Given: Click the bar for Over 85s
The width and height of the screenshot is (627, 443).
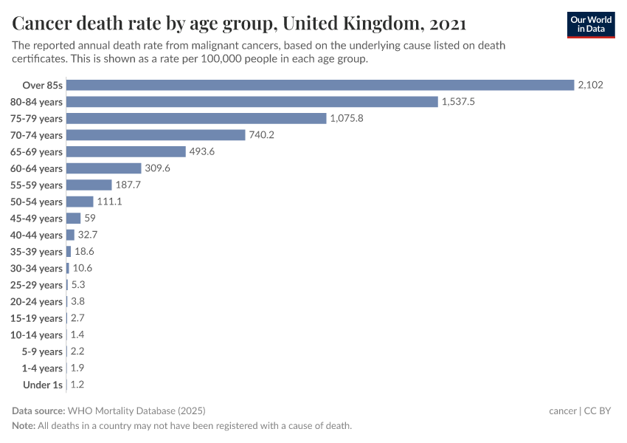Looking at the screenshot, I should pos(320,85).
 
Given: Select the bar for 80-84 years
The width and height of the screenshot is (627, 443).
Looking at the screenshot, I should pos(252,102).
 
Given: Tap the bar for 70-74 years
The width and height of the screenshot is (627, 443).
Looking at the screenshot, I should pos(156,135).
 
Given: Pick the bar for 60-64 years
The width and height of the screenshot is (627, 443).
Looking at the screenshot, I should pos(104,168).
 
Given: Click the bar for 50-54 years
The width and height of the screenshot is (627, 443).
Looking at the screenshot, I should pos(80,202).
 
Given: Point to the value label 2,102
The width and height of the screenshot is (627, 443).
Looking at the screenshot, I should pos(591,85).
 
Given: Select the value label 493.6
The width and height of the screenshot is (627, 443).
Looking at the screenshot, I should pos(204,151).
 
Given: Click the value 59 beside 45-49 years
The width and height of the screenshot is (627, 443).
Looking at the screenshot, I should pos(90,218).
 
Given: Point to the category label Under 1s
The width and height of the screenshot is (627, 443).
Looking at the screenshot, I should pos(42,385).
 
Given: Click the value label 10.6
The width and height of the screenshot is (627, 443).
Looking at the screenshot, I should pos(83,268).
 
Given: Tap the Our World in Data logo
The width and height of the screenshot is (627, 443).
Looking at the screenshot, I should pos(591,24).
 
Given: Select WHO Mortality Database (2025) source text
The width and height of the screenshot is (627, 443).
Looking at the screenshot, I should pos(136,411).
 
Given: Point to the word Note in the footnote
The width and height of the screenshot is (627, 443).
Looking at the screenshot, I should pos(24,426).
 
